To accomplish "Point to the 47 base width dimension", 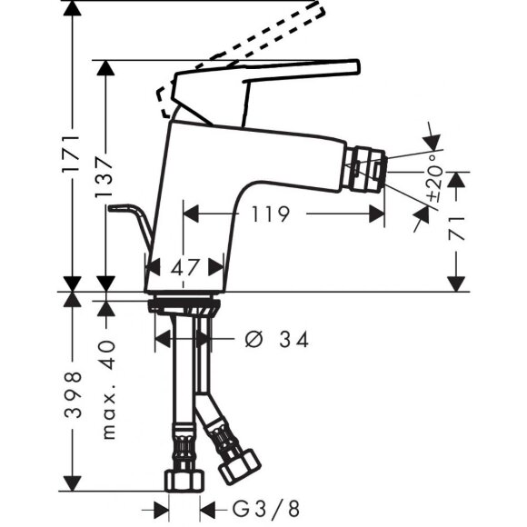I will click(185, 267).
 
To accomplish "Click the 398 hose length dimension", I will click(73, 394).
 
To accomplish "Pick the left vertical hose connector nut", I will click(180, 479).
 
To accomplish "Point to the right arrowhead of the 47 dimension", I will click(217, 267).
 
